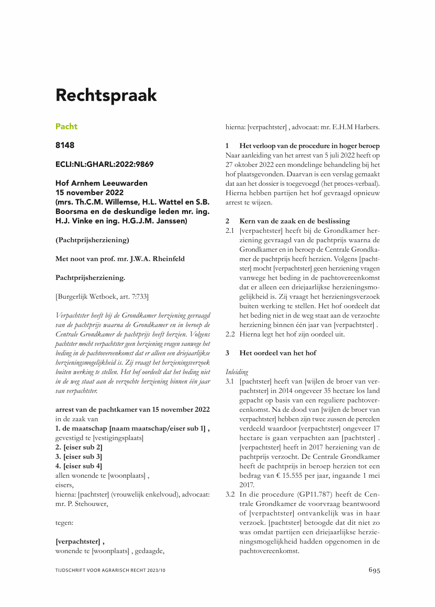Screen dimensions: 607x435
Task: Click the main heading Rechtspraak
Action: click(x=106, y=95)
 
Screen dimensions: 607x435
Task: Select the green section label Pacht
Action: click(x=66, y=126)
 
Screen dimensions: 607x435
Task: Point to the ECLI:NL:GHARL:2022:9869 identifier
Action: click(x=104, y=164)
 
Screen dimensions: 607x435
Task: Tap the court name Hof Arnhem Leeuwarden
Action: click(x=102, y=183)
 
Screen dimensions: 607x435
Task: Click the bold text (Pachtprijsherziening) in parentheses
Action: click(x=92, y=240)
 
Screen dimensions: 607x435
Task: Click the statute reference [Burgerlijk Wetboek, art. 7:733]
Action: click(x=102, y=297)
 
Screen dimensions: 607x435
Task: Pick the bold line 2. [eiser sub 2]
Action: click(x=79, y=447)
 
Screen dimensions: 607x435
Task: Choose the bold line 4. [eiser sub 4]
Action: click(x=79, y=466)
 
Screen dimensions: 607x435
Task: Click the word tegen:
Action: click(x=64, y=522)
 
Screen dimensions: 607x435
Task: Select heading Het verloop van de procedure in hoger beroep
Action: click(x=309, y=145)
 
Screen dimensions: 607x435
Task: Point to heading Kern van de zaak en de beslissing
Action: click(x=294, y=221)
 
